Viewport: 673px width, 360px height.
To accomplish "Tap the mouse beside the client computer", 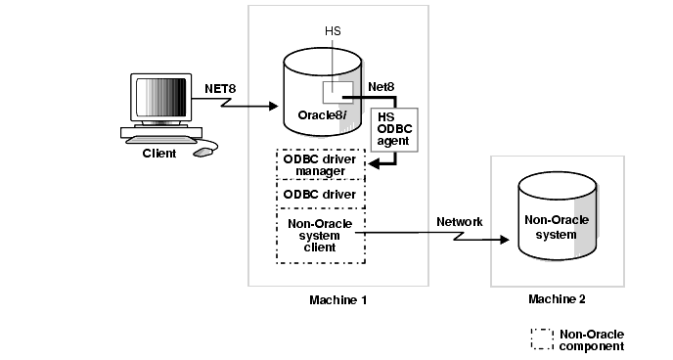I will tap(203, 152).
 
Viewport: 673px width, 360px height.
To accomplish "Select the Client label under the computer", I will tap(160, 154).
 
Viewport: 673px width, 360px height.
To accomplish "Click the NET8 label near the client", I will tap(220, 88).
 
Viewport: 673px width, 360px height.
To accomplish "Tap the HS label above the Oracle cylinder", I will tap(333, 31).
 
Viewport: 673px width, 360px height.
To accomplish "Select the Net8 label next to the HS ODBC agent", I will tap(381, 87).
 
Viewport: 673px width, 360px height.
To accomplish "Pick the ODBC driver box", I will tap(320, 194).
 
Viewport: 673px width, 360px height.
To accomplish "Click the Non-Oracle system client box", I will tap(320, 235).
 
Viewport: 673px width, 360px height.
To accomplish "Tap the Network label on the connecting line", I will tap(459, 222).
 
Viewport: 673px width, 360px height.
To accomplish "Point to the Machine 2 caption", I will tap(556, 298).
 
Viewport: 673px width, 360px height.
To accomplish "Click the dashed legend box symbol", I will tap(542, 338).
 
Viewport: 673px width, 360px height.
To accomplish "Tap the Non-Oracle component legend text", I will tap(591, 339).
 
